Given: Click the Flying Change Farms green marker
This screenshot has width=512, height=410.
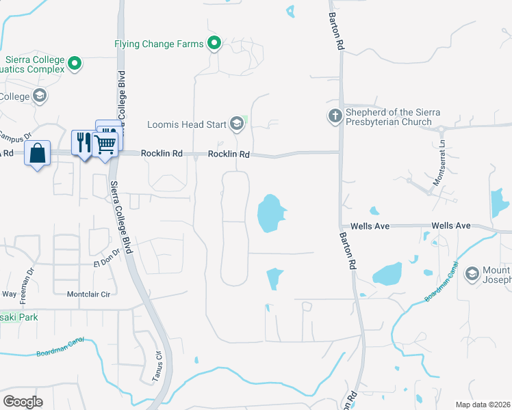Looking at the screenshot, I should click(214, 44).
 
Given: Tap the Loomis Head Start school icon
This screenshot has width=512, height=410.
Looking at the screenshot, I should click(237, 124).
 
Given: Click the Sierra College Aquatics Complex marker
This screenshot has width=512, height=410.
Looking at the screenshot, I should click(75, 65).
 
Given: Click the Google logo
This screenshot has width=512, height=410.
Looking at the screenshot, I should click(24, 401).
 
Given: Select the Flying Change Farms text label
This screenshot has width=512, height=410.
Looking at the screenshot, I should click(159, 44).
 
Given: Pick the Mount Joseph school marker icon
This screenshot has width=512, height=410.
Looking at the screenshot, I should click(472, 274).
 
